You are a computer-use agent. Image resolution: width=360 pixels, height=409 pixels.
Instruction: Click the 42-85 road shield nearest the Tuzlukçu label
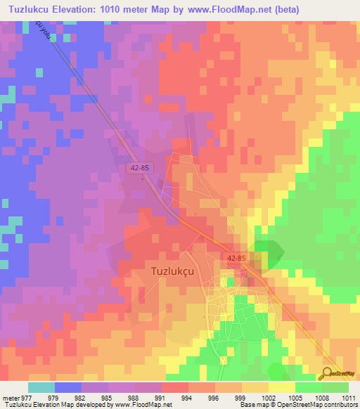236,259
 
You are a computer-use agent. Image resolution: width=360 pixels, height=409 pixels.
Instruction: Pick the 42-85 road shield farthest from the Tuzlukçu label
138,168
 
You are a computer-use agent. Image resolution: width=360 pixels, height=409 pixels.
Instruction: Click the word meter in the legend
9,398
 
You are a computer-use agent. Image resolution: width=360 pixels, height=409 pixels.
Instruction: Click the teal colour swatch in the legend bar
41,387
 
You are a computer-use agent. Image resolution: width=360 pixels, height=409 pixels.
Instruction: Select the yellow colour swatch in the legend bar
281,387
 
